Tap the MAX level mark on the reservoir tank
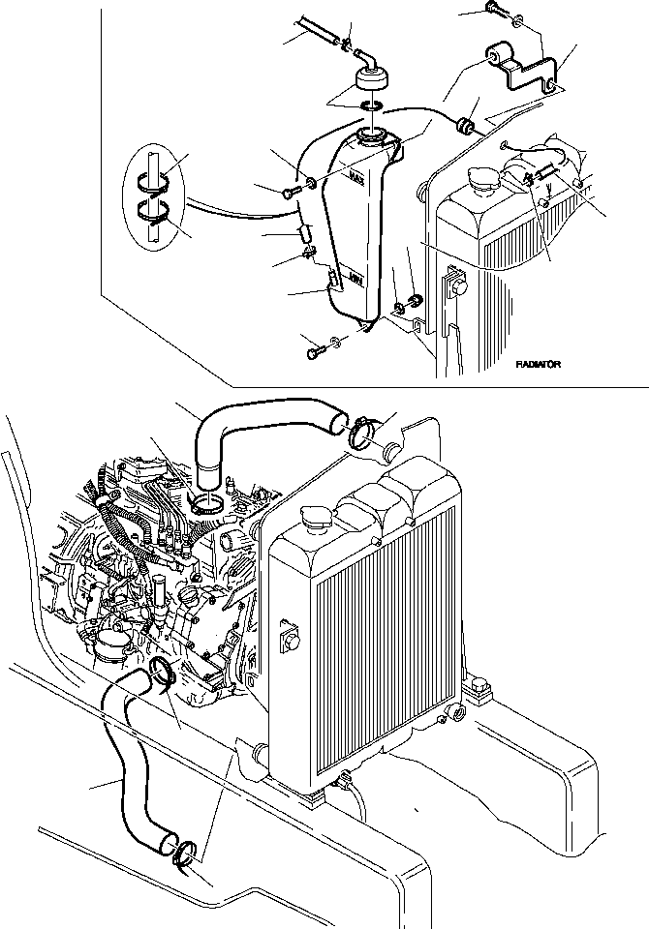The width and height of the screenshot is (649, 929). [x=356, y=178]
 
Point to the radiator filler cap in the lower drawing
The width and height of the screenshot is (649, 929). [x=316, y=519]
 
